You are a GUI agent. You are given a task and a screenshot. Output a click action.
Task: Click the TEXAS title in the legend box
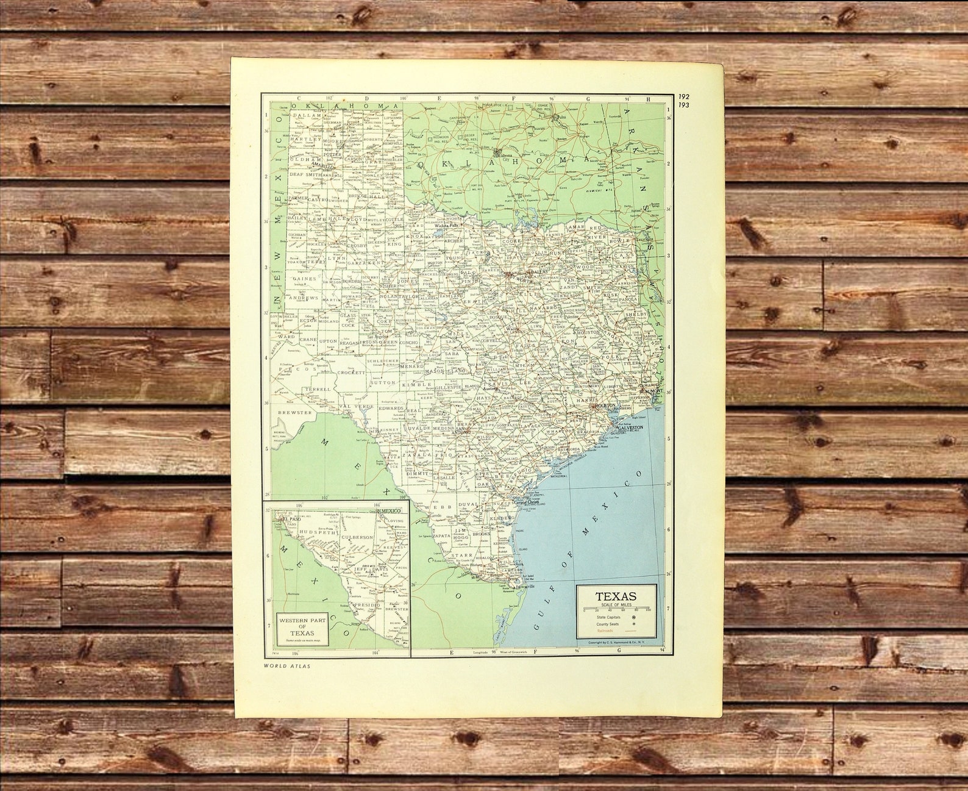[616, 596]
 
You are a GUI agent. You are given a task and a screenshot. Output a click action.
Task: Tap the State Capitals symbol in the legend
[634, 617]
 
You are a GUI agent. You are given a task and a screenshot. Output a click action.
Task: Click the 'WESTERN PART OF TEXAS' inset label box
[302, 626]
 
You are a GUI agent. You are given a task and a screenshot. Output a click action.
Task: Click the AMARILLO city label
[319, 165]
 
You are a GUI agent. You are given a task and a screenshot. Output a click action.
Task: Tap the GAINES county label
[305, 279]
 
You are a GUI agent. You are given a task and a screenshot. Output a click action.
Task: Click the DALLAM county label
[307, 115]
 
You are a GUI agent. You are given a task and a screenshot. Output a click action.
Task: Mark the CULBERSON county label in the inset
[358, 537]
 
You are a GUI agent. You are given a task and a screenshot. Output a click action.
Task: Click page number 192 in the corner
[685, 96]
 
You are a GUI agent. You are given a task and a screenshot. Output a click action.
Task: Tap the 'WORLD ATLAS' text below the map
[287, 666]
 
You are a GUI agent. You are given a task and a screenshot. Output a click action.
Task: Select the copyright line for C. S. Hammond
[616, 643]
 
